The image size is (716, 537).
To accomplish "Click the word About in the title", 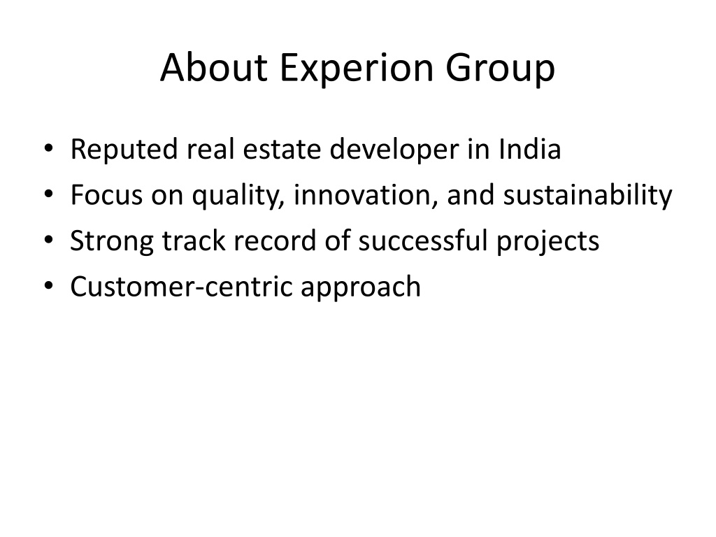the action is (214, 68).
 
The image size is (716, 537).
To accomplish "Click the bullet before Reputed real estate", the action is (48, 148).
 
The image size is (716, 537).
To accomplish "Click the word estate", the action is (282, 150).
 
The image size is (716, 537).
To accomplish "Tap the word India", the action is (529, 149).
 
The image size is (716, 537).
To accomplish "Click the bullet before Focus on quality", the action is (48, 194).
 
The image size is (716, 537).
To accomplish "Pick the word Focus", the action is (106, 195).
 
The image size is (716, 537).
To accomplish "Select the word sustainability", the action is (587, 196).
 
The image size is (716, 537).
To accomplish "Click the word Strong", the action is (111, 242).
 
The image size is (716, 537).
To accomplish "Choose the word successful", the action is (423, 241).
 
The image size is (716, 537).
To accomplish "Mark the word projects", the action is (548, 242).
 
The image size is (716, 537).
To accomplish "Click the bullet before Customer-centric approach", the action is (48, 285).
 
